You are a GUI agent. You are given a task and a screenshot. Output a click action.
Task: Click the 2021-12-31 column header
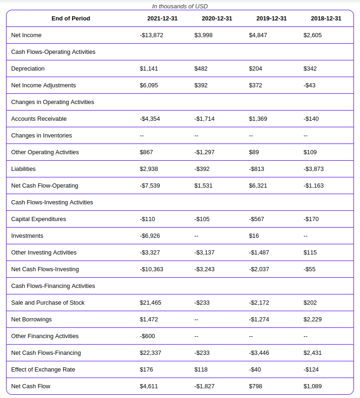pyautogui.click(x=162, y=19)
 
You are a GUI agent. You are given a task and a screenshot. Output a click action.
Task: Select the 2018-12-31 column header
pyautogui.click(x=326, y=19)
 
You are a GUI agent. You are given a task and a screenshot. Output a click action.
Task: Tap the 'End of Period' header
pyautogui.click(x=71, y=19)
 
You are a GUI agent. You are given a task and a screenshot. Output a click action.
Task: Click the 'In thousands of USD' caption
pyautogui.click(x=180, y=7)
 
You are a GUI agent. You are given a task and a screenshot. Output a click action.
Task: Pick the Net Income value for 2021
pyautogui.click(x=151, y=35)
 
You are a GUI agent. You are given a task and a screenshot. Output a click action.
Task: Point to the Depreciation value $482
pyautogui.click(x=201, y=69)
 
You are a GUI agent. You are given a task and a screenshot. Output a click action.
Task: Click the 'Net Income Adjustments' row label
pyautogui.click(x=43, y=85)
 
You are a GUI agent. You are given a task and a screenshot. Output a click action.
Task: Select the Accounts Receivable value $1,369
pyautogui.click(x=258, y=119)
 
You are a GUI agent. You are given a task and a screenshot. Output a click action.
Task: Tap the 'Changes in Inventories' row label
pyautogui.click(x=41, y=136)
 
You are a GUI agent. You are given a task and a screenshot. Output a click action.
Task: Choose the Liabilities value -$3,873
pyautogui.click(x=314, y=169)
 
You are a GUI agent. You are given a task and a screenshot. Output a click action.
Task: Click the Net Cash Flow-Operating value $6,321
pyautogui.click(x=258, y=186)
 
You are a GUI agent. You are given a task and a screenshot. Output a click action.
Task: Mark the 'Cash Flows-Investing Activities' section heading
pyautogui.click(x=52, y=202)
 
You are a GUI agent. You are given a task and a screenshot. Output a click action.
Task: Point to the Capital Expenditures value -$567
pyautogui.click(x=256, y=219)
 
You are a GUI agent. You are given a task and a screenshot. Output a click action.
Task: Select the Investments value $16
pyautogui.click(x=254, y=236)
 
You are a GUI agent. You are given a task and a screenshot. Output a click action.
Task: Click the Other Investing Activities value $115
pyautogui.click(x=310, y=253)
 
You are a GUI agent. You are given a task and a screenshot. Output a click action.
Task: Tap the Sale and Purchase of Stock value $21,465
pyautogui.click(x=151, y=303)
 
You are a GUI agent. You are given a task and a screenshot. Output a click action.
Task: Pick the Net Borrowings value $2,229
pyautogui.click(x=313, y=320)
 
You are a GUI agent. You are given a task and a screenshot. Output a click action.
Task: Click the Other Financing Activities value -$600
pyautogui.click(x=147, y=336)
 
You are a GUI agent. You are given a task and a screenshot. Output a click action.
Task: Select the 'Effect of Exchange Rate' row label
pyautogui.click(x=43, y=370)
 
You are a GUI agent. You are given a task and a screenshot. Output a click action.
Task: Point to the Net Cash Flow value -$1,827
pyautogui.click(x=204, y=386)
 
